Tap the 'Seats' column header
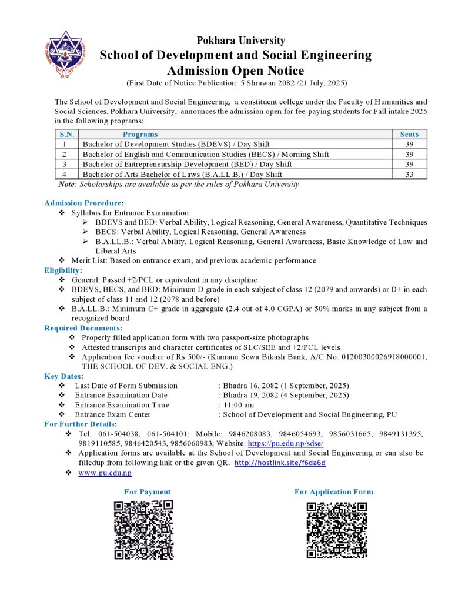click(x=409, y=135)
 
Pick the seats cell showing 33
click(x=409, y=174)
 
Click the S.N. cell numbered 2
click(x=66, y=154)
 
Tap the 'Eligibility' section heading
click(x=62, y=270)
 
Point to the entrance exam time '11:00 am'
click(x=238, y=405)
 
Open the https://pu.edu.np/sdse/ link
click(x=286, y=443)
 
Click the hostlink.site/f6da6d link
click(x=280, y=463)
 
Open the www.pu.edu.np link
click(x=105, y=473)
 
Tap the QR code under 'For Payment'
click(x=143, y=530)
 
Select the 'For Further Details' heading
click(x=80, y=424)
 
